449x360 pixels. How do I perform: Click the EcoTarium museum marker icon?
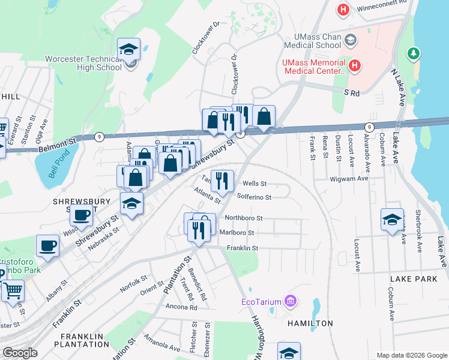pyautogui.click(x=290, y=300)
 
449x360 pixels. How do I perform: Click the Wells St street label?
pyautogui.click(x=254, y=184)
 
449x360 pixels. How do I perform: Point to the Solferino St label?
pyautogui.click(x=254, y=197)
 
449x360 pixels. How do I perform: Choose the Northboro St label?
pyautogui.click(x=243, y=218)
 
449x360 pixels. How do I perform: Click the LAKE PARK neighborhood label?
pyautogui.click(x=414, y=280)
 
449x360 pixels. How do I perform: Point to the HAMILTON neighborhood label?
pyautogui.click(x=310, y=323)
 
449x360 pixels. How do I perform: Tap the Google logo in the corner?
pyautogui.click(x=20, y=353)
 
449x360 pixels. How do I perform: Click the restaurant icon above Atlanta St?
pyautogui.click(x=222, y=179)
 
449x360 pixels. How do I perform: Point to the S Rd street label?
pyautogui.click(x=351, y=93)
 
